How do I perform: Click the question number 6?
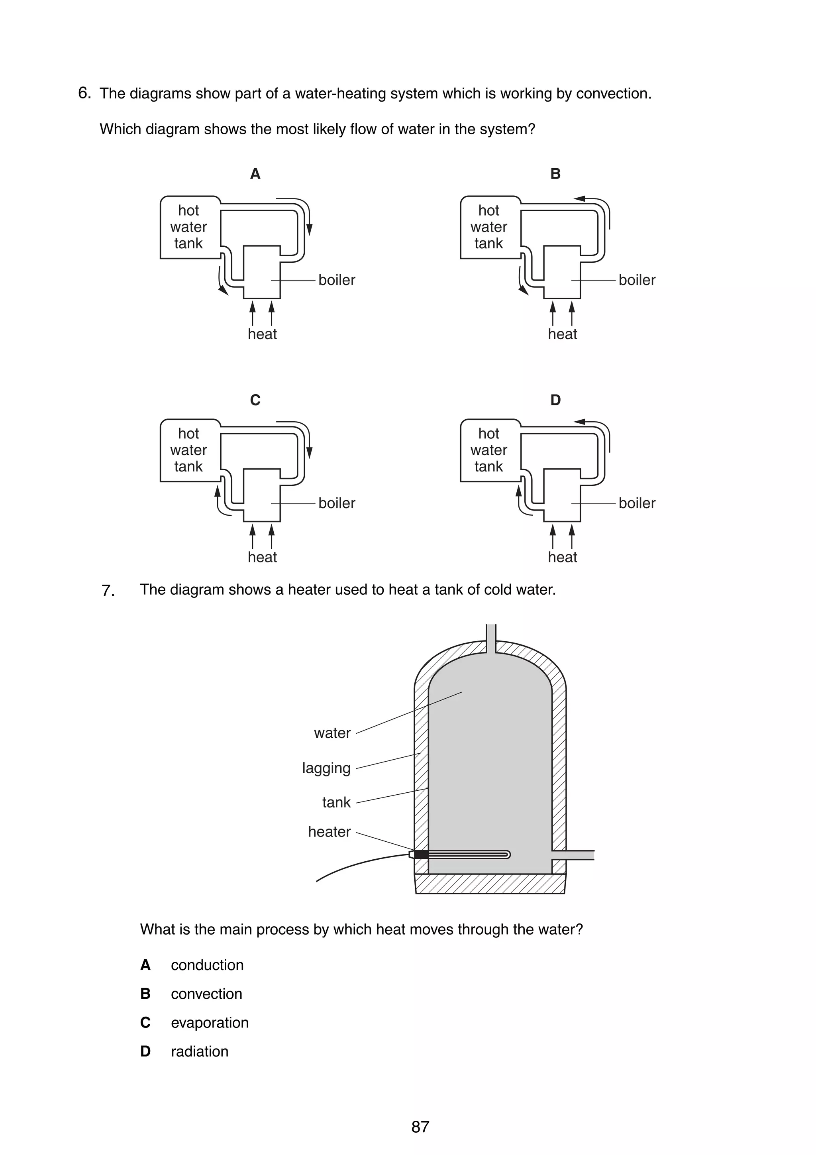tap(84, 93)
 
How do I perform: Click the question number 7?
tap(108, 591)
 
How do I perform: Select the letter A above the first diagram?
tap(255, 174)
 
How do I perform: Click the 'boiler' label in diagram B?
tap(637, 280)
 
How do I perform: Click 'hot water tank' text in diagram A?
tap(188, 227)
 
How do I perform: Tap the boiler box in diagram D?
tap(562, 495)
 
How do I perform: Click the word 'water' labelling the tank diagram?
tap(332, 733)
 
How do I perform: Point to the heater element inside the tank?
tap(468, 854)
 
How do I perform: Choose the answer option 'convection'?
tap(206, 994)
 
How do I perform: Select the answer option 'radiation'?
tap(199, 1051)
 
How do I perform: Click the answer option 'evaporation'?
tap(210, 1023)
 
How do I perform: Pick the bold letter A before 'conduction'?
tap(145, 965)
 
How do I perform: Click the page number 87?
tap(420, 1127)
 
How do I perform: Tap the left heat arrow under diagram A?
tap(252, 313)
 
